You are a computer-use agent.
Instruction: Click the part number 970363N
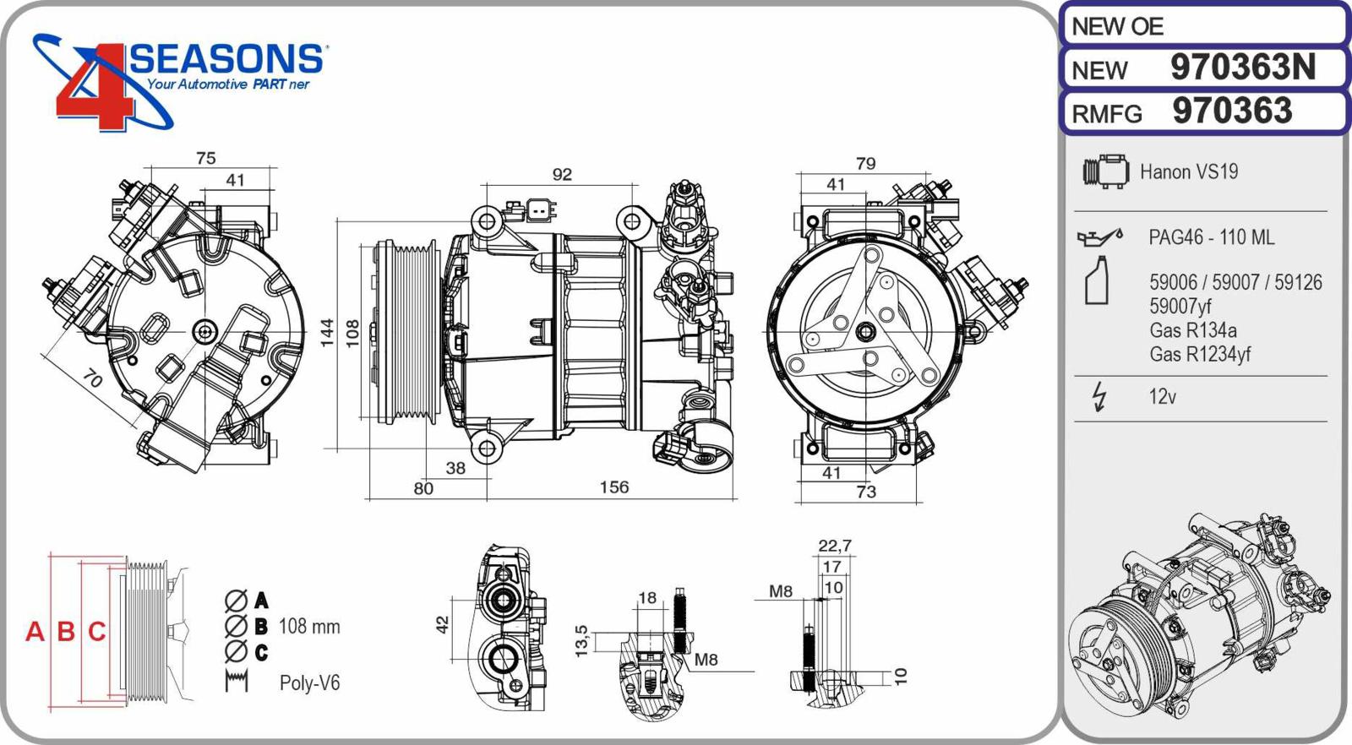(1242, 68)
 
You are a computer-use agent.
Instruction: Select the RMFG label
(1106, 113)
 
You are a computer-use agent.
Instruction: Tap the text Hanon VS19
(1188, 172)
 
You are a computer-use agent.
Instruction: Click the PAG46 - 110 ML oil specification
(1211, 238)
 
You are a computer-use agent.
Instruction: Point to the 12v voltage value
(1162, 397)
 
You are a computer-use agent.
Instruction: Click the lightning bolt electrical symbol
(1098, 397)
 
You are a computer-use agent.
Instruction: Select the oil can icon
(1098, 237)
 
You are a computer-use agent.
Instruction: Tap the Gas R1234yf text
(1199, 355)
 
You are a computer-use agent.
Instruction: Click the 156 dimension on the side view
(614, 487)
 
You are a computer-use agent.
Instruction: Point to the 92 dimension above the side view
(562, 174)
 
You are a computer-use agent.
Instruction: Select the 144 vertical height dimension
(327, 333)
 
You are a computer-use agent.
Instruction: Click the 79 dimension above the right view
(865, 163)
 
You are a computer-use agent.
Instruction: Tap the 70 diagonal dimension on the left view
(92, 379)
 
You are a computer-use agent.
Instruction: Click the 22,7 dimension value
(834, 546)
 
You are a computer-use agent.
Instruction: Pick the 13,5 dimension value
(581, 641)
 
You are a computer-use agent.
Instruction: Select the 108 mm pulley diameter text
(309, 627)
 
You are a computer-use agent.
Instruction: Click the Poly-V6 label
(309, 682)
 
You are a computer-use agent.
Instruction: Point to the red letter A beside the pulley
(35, 631)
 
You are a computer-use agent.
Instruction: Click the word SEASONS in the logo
(226, 59)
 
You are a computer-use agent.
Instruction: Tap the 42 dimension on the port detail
(442, 625)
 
